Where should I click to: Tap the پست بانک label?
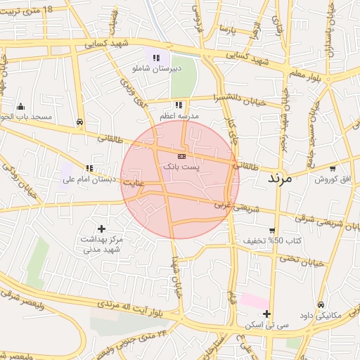181,167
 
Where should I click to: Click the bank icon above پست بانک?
181,155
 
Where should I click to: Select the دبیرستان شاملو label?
157,69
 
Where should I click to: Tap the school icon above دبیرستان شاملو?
157,58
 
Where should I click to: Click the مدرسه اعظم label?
180,116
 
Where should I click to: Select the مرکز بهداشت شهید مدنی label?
103,244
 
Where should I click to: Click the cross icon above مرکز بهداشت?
102,229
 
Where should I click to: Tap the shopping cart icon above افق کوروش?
333,169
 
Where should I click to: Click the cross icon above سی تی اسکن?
266,314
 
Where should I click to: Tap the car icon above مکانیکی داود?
321,304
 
